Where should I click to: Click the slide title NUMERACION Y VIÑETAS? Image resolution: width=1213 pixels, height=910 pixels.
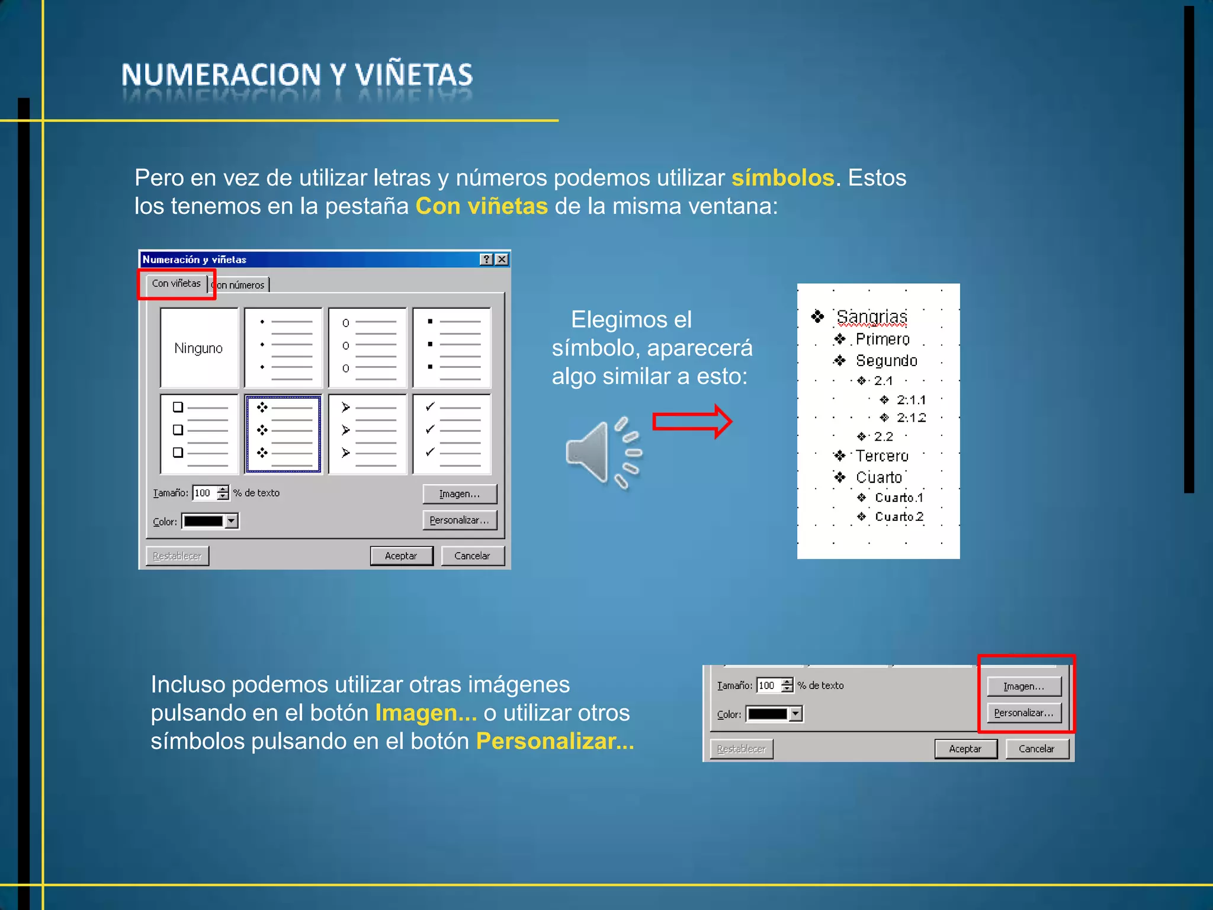pos(297,75)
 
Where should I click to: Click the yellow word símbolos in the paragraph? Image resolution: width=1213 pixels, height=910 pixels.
pos(782,178)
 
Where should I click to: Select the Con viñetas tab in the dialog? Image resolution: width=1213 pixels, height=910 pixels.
pos(176,284)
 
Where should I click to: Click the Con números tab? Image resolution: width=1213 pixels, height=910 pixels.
pos(240,285)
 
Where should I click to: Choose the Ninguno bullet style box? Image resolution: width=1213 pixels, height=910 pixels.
pos(199,348)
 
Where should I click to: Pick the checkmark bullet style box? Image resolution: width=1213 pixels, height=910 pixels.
pos(451,434)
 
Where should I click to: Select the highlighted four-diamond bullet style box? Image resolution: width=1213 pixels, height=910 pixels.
pos(283,434)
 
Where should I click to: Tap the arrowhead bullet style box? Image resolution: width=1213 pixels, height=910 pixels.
pos(367,434)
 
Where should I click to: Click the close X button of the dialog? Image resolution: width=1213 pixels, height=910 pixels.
pos(502,259)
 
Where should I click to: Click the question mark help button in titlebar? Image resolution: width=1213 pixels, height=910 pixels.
pos(486,259)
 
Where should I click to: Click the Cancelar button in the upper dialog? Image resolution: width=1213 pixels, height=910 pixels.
pos(472,556)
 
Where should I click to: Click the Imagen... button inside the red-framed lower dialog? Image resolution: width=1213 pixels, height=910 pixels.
pos(1023,686)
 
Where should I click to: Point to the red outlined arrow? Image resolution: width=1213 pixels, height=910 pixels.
pos(692,422)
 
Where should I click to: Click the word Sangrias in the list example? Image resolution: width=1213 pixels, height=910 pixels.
pos(871,318)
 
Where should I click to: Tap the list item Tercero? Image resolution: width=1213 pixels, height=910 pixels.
pos(881,456)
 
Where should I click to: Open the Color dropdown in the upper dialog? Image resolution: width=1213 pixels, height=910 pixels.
pos(232,521)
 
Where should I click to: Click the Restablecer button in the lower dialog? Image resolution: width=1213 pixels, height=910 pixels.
pos(741,749)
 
